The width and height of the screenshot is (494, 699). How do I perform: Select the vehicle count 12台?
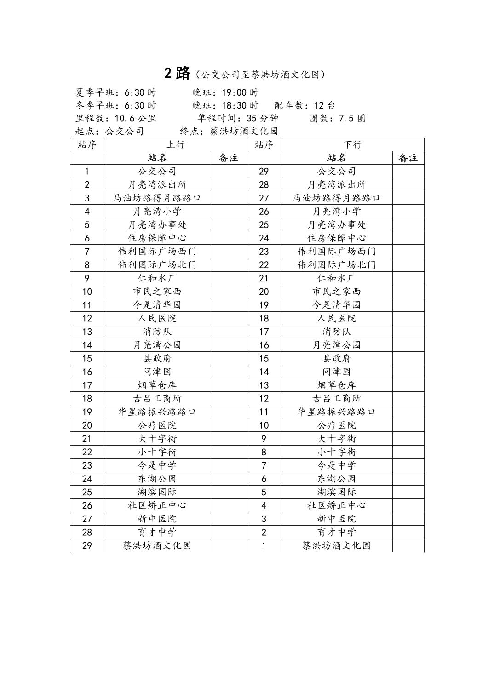[x=325, y=105]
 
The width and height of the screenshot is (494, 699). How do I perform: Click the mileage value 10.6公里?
[x=136, y=118]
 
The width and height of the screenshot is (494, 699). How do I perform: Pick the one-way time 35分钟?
[x=262, y=118]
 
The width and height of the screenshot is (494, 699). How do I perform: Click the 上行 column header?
[x=175, y=144]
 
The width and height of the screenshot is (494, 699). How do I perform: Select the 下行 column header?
[x=352, y=144]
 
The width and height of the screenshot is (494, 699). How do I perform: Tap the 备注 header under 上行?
[x=229, y=158]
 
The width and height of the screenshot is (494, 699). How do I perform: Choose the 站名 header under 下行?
[x=337, y=158]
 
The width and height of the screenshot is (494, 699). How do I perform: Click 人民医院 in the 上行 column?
[x=157, y=318]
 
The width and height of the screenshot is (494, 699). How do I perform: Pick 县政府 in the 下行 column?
[x=337, y=358]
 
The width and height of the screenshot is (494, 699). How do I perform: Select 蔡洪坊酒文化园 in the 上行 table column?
[x=157, y=545]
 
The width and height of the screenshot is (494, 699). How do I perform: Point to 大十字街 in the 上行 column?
[x=157, y=439]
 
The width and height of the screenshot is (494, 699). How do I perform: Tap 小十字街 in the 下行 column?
[x=337, y=452]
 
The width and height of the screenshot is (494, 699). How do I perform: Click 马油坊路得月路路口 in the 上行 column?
[x=157, y=198]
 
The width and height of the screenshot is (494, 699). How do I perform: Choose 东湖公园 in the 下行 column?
[x=337, y=479]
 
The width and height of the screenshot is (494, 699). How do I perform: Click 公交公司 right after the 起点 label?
[x=125, y=131]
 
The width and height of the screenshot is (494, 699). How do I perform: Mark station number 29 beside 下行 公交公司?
[x=264, y=172]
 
